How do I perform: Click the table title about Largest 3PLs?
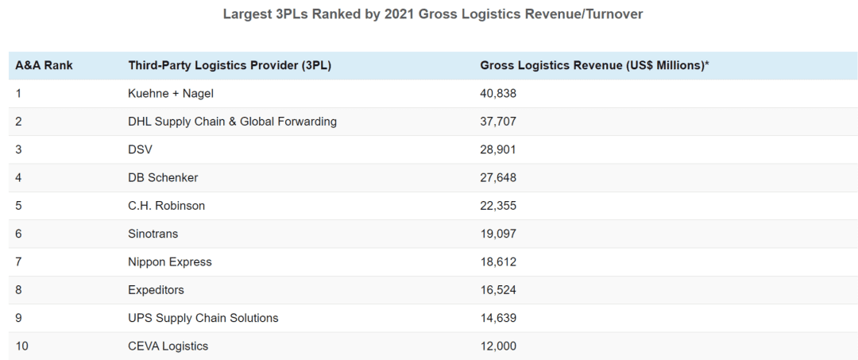[432, 14]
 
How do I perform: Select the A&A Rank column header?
[44, 65]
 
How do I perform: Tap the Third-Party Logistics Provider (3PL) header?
[230, 65]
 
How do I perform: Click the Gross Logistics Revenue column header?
[594, 65]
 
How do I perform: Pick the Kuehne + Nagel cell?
[171, 94]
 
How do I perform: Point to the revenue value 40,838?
[498, 94]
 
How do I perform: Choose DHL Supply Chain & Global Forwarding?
[232, 122]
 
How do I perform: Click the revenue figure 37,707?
[498, 122]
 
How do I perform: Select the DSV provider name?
[140, 149]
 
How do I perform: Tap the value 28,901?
[498, 149]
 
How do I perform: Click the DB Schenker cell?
[163, 178]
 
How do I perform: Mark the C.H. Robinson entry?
[166, 206]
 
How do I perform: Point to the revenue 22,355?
[498, 206]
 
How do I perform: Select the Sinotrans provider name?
[153, 234]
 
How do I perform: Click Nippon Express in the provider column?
[170, 261]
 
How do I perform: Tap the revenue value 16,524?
[498, 290]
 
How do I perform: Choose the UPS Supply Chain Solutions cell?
[203, 318]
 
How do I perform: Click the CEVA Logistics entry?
[168, 346]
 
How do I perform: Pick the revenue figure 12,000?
[498, 346]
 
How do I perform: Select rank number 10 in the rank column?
[21, 346]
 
